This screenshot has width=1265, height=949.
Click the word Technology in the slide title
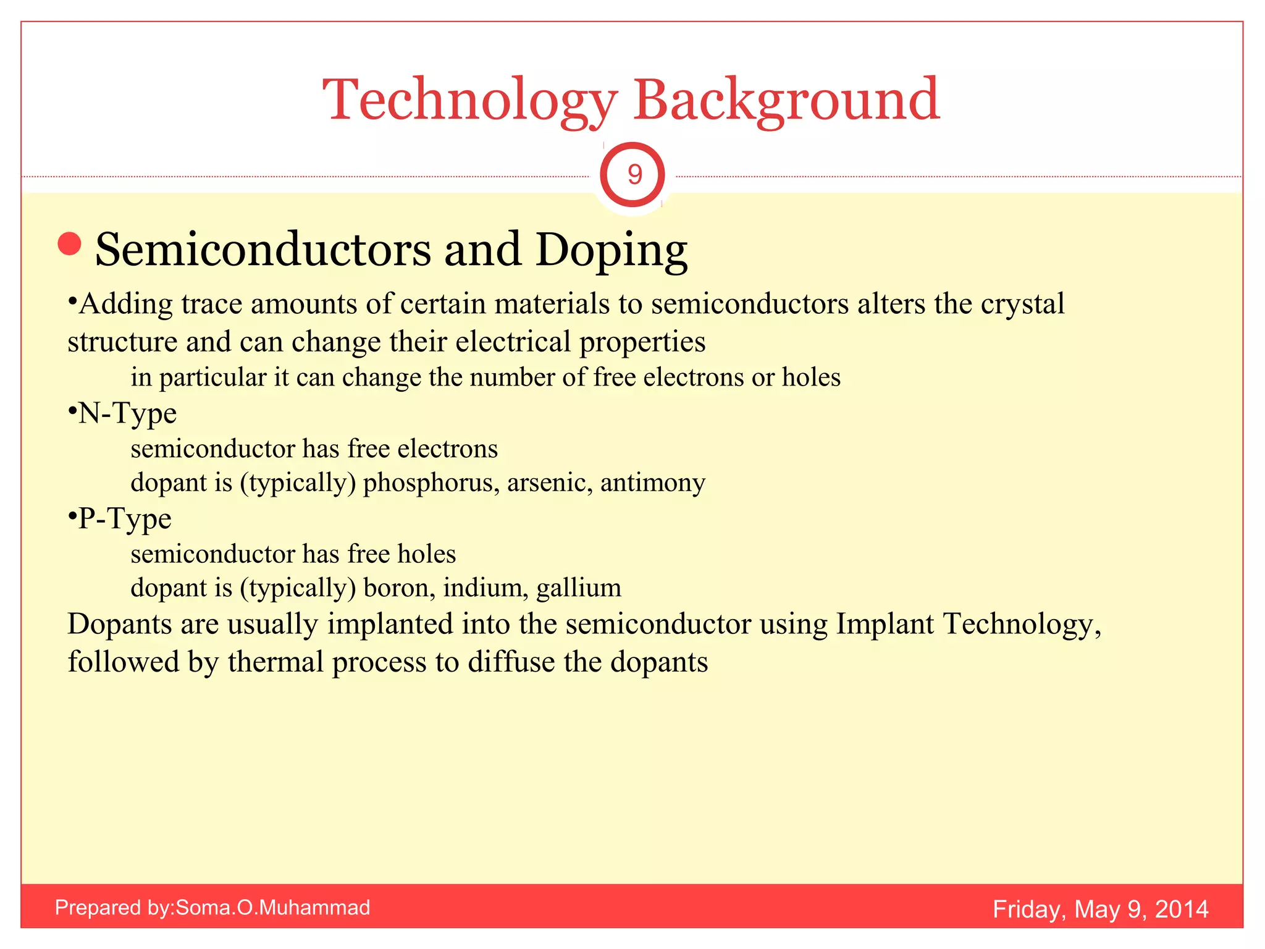[469, 100]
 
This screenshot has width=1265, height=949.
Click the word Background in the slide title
[786, 100]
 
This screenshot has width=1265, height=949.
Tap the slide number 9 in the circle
[634, 175]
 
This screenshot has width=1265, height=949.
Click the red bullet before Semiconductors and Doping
[70, 244]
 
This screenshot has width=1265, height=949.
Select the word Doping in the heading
[611, 250]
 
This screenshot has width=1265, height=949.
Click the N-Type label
[127, 413]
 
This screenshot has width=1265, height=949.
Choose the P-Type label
[125, 518]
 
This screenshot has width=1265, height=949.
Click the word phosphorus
[431, 483]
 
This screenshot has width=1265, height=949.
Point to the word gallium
[579, 588]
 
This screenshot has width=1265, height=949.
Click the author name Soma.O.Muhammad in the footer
[273, 908]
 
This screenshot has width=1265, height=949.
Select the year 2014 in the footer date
[1181, 909]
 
